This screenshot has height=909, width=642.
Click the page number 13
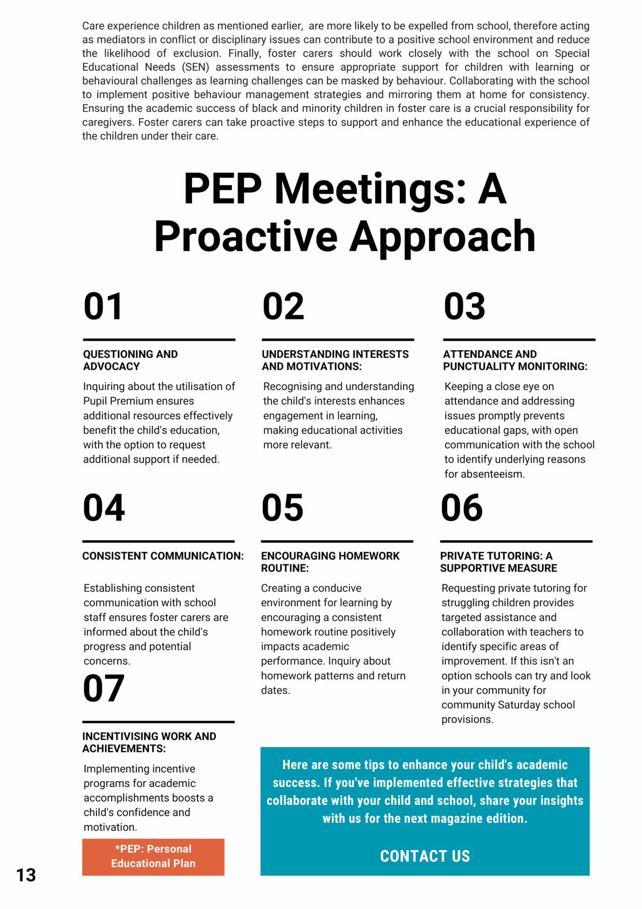point(26,874)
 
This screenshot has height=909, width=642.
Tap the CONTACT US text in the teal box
point(425,856)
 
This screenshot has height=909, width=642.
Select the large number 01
point(104,307)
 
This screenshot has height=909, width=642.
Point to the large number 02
point(283,307)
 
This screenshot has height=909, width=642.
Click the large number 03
point(465,307)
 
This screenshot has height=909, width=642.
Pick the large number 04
point(104,508)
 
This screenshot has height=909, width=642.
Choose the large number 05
point(283,508)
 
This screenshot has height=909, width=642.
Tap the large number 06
point(462,508)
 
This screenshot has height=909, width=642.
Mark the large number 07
point(104,689)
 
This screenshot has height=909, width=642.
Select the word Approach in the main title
point(442,236)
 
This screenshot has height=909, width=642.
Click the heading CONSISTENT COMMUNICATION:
point(163,556)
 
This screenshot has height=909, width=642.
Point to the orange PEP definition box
point(153,856)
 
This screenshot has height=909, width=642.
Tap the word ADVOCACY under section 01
point(111,367)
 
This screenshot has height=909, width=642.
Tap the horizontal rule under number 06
point(516,541)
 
